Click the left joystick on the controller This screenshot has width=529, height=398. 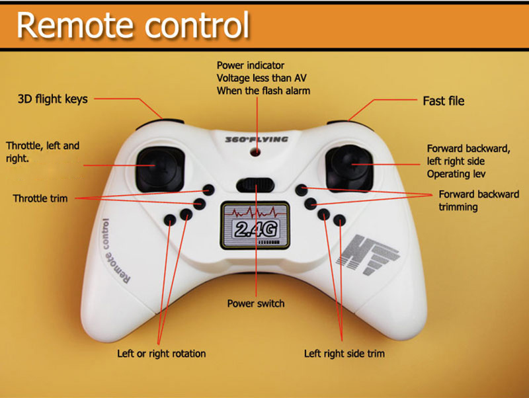point(160,169)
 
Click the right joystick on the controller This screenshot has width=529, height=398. point(349,168)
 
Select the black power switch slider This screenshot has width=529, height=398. point(255,185)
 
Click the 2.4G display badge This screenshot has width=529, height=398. point(255,225)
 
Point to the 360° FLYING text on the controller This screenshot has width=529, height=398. point(257,139)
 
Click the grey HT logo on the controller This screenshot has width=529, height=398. point(368,254)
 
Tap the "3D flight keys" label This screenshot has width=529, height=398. point(53,99)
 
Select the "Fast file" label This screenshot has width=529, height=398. point(443,101)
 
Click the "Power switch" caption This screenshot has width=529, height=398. point(256,303)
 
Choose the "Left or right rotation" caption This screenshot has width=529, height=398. point(161,354)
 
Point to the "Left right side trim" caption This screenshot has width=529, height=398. point(344,354)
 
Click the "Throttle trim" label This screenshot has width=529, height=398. point(40,198)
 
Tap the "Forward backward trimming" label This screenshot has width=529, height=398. point(479,200)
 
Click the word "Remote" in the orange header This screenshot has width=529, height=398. point(75,26)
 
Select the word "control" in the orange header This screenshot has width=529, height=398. point(197,24)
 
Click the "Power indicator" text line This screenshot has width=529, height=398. point(251,65)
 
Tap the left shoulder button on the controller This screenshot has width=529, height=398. point(160,124)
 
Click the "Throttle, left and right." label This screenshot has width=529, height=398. point(42,152)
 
